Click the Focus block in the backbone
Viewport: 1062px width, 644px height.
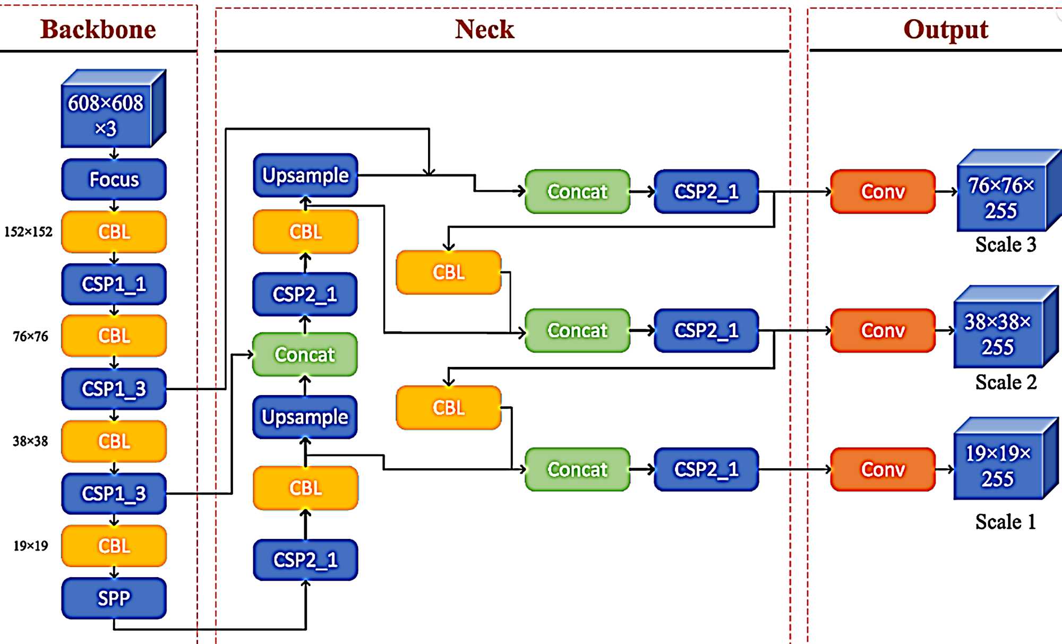(114, 179)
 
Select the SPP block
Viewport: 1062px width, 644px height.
(114, 598)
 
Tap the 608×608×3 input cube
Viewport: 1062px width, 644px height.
(106, 115)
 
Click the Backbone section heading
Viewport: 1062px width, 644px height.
(98, 29)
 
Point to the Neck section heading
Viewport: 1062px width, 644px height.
(484, 29)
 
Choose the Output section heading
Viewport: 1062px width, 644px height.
(945, 29)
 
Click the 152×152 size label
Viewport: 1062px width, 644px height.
(29, 232)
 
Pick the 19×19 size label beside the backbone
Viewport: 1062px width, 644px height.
(31, 546)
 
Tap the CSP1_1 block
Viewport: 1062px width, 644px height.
(114, 284)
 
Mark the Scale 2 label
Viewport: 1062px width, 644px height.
(1006, 382)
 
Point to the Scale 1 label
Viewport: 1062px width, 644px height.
(1006, 522)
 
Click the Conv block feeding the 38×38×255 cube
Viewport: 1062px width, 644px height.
(883, 330)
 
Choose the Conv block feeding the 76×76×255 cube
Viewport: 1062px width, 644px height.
(883, 192)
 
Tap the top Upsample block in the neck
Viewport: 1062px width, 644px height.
(305, 175)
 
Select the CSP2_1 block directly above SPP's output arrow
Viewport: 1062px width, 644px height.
(305, 560)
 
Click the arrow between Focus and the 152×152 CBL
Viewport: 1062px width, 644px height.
(114, 205)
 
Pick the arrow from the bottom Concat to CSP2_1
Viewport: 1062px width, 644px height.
(642, 469)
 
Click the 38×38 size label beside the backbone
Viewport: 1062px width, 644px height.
(31, 441)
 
